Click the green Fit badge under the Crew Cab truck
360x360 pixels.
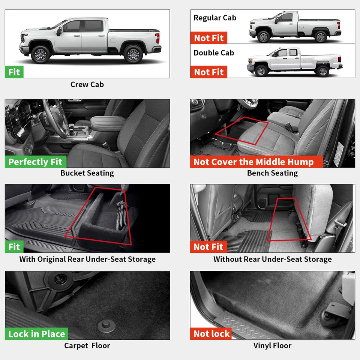coord(14,72)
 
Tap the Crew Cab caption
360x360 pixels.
coord(87,84)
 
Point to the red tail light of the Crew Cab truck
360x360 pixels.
coord(157,38)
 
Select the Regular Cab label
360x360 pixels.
coord(215,18)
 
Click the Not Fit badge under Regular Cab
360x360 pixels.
coord(209,38)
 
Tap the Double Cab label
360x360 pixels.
coord(214,52)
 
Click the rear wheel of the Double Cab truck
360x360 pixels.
coord(322,70)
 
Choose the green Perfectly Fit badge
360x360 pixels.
coord(36,162)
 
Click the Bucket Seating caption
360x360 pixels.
coord(87,173)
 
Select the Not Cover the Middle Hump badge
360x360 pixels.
coord(253,162)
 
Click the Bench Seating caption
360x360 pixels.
coord(272,173)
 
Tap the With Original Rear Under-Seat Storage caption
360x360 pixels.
coord(87,259)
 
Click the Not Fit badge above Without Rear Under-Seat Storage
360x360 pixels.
coord(209,247)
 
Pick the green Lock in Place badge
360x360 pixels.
coord(37,334)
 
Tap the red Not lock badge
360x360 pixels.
coord(211,334)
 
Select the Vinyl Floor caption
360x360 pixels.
coord(272,345)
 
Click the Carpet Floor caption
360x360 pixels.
coord(87,345)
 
